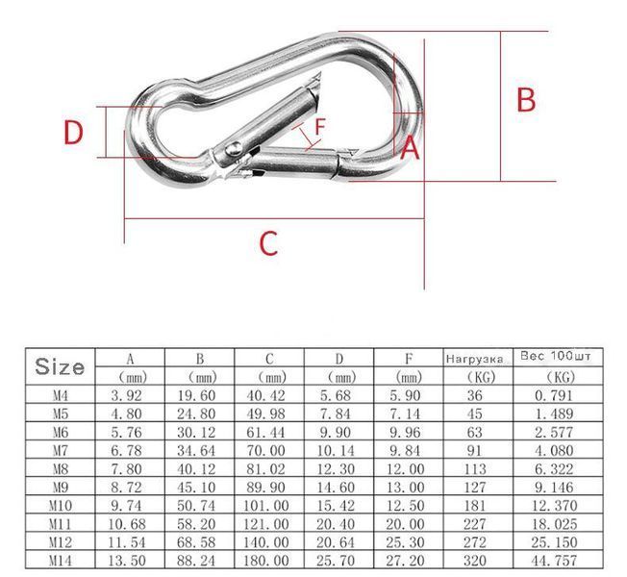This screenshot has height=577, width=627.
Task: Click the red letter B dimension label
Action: coord(526,100)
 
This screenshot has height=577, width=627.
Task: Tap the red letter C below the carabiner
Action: coord(268,243)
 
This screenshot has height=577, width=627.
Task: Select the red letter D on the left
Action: coord(74,133)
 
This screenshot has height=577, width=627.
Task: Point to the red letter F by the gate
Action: coord(320,127)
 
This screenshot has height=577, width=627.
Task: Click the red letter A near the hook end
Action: coord(410,147)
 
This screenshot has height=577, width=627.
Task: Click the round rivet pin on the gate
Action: coord(233,149)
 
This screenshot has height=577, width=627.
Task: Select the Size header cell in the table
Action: coord(60,366)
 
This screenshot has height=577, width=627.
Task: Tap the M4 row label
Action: coord(61,395)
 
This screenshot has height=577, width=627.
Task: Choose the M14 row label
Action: coord(61,561)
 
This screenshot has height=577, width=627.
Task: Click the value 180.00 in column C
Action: coord(266,561)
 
